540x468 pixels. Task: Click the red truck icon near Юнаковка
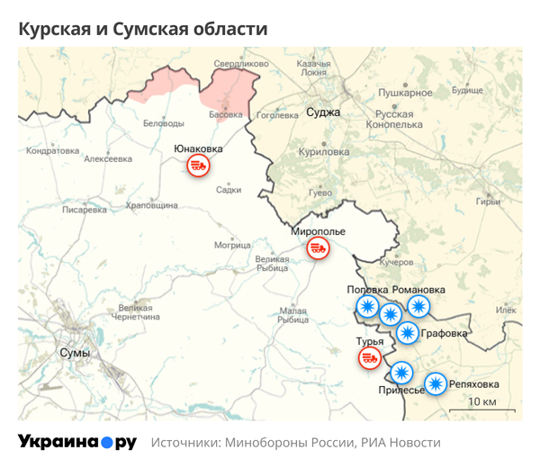pos(198,166)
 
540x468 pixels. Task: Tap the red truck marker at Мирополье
pos(317,247)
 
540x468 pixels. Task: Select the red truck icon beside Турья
pos(370,359)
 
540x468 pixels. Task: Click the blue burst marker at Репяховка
pos(436,384)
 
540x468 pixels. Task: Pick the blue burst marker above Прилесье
pos(401,371)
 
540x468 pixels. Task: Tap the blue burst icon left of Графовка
pos(408,334)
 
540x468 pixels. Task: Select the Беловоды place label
pos(164,123)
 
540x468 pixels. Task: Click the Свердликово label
pos(241,64)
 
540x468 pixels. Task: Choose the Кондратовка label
pos(54,151)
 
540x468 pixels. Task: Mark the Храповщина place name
pos(151,206)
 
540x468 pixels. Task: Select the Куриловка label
pos(325,152)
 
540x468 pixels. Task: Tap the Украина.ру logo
pos(77,443)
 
